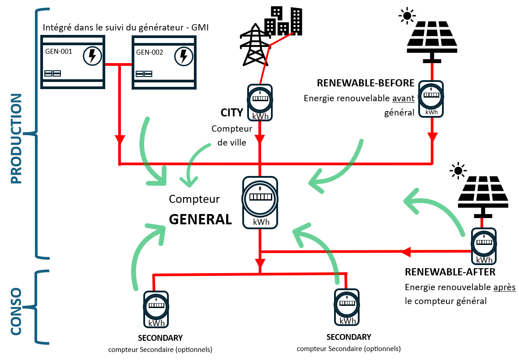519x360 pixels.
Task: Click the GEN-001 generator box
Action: tap(72, 62)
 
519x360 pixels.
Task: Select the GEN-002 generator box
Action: tap(164, 63)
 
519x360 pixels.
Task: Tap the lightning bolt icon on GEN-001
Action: tap(92, 56)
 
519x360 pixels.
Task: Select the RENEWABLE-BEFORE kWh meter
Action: tap(431, 99)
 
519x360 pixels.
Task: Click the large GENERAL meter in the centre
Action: tap(261, 201)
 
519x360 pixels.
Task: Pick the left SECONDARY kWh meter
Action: tap(155, 309)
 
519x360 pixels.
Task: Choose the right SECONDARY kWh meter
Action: tap(347, 306)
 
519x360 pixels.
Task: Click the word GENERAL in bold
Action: tap(200, 219)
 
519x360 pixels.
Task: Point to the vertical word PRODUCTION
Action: tap(16, 139)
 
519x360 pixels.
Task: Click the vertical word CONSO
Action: tap(16, 311)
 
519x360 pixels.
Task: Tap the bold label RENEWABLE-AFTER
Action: tap(450, 272)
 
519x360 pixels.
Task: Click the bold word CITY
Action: tap(232, 112)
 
